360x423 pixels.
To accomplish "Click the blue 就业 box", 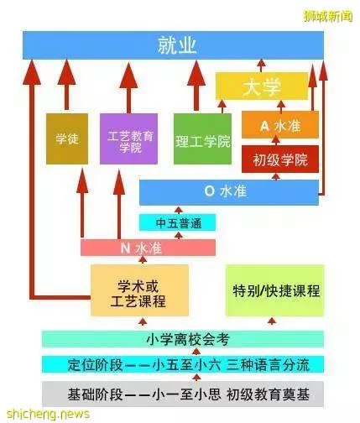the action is coord(173,45).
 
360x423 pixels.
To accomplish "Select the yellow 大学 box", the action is coord(262,86).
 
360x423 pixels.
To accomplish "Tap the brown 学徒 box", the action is coord(67,138).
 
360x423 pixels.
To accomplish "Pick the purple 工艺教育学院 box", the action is coord(128,138).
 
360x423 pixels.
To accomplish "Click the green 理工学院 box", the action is coord(202,138).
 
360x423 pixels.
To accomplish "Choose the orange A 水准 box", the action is coord(280,125).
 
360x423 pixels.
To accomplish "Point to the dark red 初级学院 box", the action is coord(280,159).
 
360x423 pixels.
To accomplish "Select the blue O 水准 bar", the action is coord(229,192).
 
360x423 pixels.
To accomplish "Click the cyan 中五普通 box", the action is coord(178,222).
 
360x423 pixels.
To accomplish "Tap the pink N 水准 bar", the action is coord(148,248).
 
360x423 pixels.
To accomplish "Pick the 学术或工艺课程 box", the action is coord(139,290).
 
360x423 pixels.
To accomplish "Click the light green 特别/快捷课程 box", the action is coord(274,290).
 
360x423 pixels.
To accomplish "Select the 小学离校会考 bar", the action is coord(183,339).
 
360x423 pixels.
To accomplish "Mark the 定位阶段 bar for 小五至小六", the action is coord(183,364).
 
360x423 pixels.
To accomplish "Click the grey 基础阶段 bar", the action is coord(183,394).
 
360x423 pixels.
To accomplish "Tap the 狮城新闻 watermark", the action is coord(328,17).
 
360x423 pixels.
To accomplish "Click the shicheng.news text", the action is coord(48,414).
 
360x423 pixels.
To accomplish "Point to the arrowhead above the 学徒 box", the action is coord(66,72).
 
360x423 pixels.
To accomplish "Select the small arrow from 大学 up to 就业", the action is coord(261,65).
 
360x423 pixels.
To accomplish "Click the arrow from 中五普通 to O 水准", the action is coord(178,211).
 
